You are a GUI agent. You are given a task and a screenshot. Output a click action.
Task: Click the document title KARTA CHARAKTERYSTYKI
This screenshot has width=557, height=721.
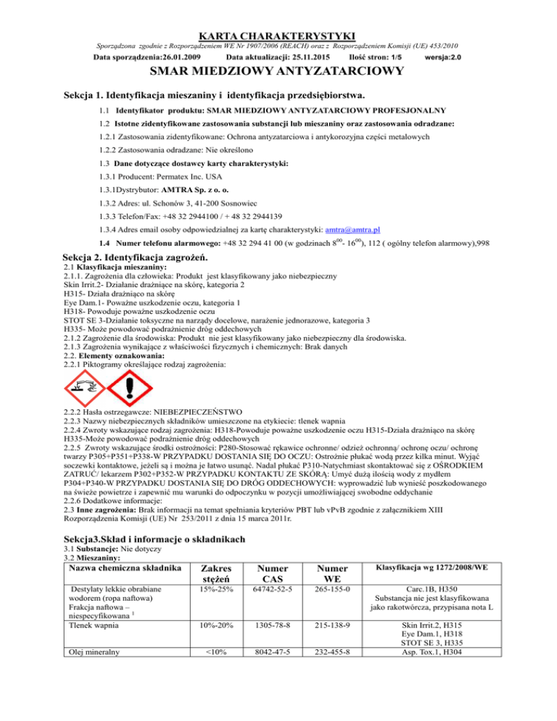click(278, 34)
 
